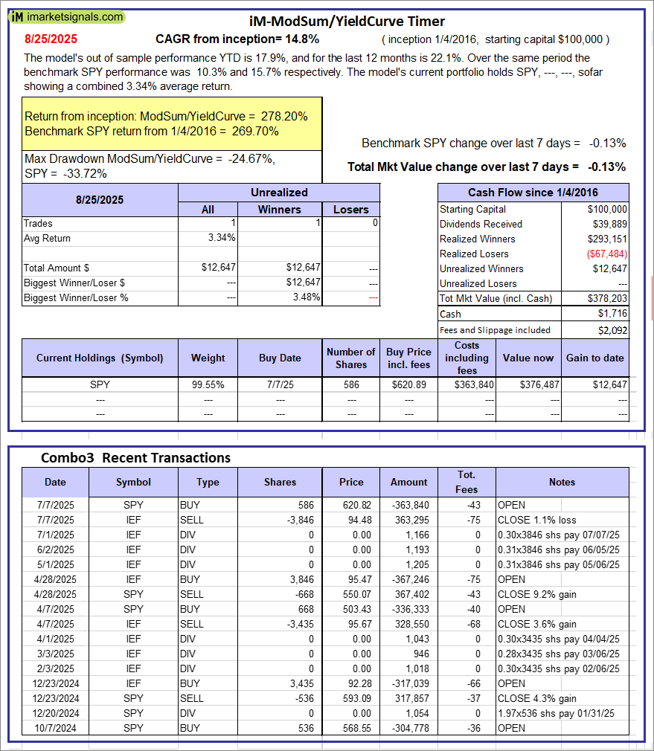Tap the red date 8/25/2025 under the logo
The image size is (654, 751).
point(51,39)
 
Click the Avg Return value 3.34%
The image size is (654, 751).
point(222,238)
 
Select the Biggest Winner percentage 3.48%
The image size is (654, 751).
point(306,297)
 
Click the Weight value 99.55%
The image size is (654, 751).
point(208,384)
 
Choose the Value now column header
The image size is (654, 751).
point(528,358)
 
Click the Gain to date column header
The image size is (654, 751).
point(594,358)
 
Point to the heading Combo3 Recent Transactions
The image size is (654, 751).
point(135,457)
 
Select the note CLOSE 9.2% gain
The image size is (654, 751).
point(536,594)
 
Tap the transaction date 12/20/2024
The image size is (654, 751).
point(55,713)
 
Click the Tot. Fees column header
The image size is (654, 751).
point(467,482)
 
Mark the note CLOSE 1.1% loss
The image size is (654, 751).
point(534,520)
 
